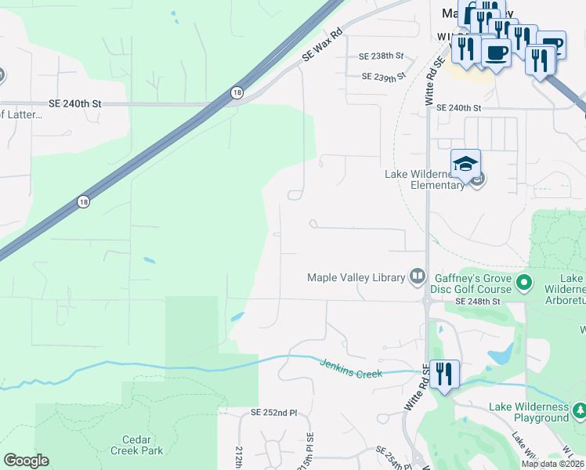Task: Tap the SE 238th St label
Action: pyautogui.click(x=381, y=56)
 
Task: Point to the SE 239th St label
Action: pyautogui.click(x=384, y=76)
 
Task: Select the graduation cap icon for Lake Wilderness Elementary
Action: pyautogui.click(x=465, y=163)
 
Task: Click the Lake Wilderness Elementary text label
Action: pyautogui.click(x=426, y=179)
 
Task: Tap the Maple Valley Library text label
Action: pyautogui.click(x=356, y=277)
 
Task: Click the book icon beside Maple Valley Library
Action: pyautogui.click(x=418, y=276)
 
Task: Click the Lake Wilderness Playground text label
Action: pyautogui.click(x=529, y=412)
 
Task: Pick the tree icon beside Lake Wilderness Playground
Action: pyautogui.click(x=579, y=410)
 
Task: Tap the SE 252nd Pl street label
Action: pyautogui.click(x=274, y=412)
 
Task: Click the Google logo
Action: pyautogui.click(x=26, y=461)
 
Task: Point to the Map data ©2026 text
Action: pyautogui.click(x=552, y=464)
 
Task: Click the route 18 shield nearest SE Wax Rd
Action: pyautogui.click(x=237, y=93)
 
